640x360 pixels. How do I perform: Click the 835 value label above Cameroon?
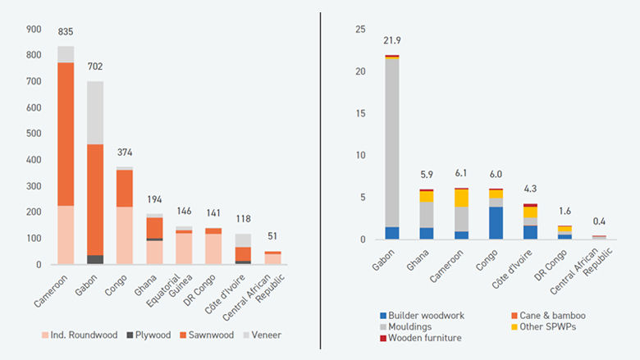pyautogui.click(x=66, y=32)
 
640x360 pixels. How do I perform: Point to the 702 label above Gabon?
pyautogui.click(x=95, y=67)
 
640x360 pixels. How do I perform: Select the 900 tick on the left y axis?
pyautogui.click(x=34, y=30)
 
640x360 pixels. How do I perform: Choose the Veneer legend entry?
pyautogui.click(x=264, y=335)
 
